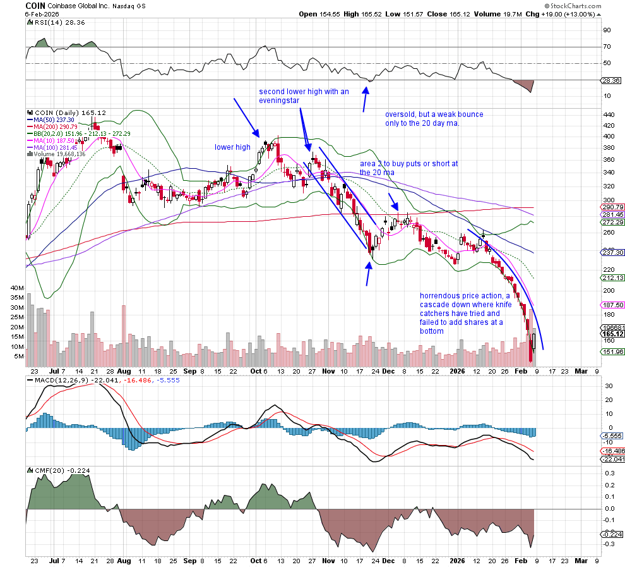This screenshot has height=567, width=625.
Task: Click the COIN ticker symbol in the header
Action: tap(35, 5)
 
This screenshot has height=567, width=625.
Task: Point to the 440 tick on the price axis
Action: tap(609, 115)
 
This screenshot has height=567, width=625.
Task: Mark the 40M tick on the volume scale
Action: tap(16, 288)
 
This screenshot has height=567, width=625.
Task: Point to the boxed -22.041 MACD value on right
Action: tap(611, 460)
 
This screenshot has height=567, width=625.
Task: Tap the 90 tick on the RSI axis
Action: tap(607, 30)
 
